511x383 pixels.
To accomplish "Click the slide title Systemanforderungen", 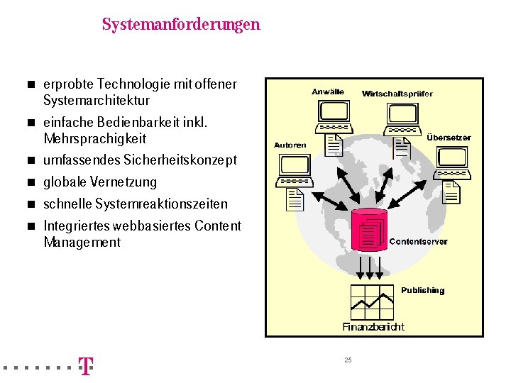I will [x=181, y=25].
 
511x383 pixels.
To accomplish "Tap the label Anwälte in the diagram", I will [x=328, y=91].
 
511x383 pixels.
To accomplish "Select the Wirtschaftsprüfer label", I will [x=397, y=94].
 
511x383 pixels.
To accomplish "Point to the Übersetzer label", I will [x=449, y=138].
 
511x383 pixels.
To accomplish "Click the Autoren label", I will [x=290, y=145].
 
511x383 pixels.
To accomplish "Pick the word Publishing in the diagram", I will [x=422, y=290].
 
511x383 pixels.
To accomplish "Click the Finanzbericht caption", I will [x=373, y=327].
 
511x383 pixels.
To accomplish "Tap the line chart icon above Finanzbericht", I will [x=373, y=302].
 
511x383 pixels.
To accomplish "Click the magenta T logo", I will [x=85, y=366].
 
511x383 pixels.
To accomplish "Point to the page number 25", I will [x=348, y=360].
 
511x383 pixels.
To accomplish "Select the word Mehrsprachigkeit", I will [x=94, y=138].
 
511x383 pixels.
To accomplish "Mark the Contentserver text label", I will [x=419, y=242].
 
